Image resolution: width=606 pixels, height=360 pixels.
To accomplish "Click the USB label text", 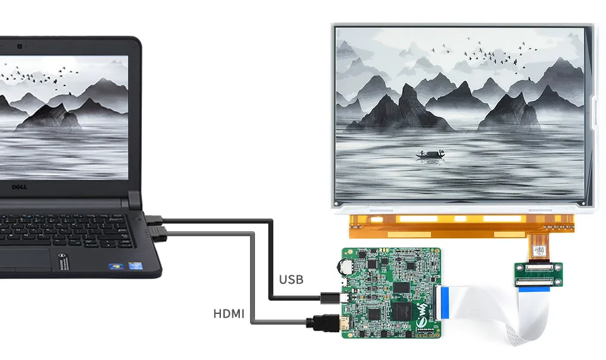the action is point(291,280).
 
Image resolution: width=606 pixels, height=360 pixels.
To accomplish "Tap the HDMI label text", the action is point(229,314).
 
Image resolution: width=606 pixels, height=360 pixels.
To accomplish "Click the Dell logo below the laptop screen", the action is point(20,187).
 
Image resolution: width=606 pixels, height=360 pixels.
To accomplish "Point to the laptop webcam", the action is point(20,47).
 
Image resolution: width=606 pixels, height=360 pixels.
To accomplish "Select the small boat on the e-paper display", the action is point(430,154).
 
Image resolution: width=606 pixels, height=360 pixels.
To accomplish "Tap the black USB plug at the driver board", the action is point(330,298).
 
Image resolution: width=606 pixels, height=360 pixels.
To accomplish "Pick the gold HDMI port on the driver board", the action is point(343,323).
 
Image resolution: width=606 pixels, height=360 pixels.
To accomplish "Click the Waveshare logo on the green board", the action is point(424,314).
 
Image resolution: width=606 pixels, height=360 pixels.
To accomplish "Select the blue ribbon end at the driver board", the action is point(445,303).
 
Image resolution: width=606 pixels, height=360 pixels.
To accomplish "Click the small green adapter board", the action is point(538,275).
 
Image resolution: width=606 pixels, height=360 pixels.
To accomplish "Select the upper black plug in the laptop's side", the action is point(154,220).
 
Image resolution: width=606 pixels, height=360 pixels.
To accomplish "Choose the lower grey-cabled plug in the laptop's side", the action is point(159,234).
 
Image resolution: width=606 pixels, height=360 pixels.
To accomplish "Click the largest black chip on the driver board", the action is point(402,311).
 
